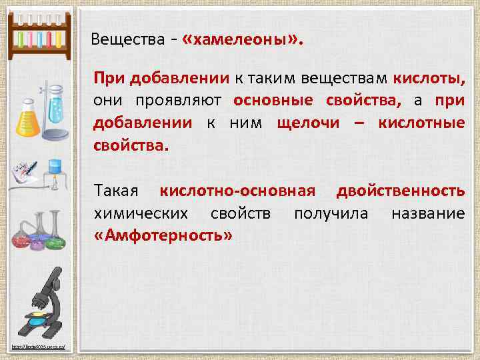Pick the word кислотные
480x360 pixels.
tap(421, 122)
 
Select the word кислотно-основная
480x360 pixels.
tap(237, 191)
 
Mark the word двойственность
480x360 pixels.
tap(401, 191)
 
